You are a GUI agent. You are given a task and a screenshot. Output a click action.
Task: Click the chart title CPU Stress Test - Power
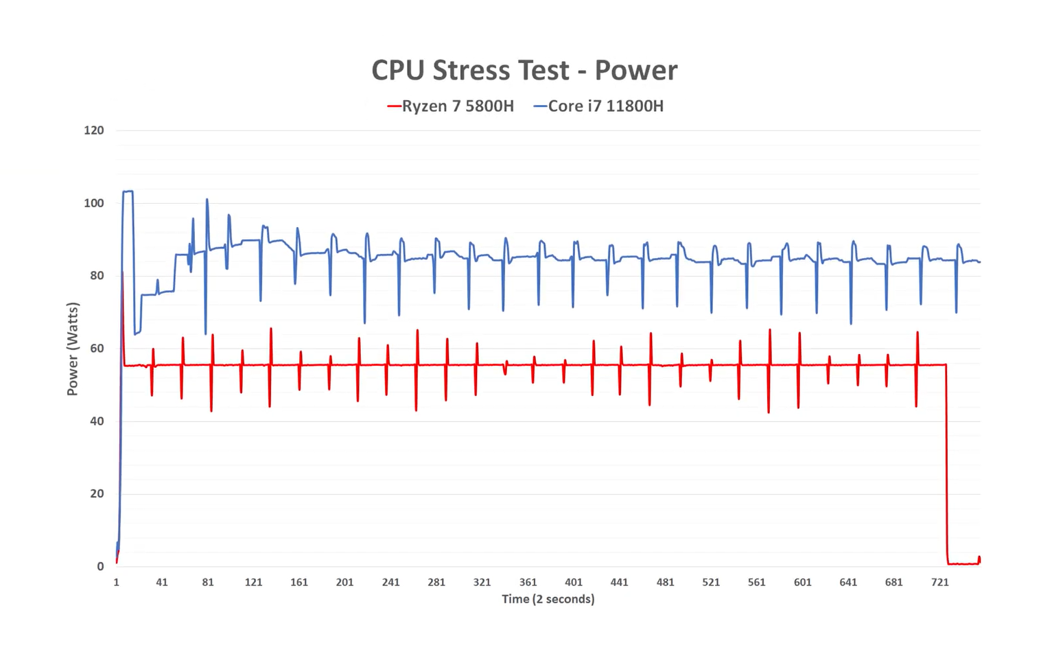click(524, 70)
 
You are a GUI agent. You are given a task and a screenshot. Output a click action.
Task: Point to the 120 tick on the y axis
click(94, 130)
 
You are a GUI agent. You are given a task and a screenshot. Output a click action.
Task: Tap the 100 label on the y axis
click(94, 203)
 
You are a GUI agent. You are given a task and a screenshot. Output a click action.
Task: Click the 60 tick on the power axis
click(97, 349)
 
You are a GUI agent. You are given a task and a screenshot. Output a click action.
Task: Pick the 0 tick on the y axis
click(100, 567)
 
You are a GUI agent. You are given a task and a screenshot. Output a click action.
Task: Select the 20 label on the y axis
click(97, 494)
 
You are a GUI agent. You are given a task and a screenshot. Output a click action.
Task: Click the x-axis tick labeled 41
click(162, 583)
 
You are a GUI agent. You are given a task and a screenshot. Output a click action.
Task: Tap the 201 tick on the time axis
click(344, 583)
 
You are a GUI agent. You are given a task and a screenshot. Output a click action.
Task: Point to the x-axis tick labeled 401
click(574, 583)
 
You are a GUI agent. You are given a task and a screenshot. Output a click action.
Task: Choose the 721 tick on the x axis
click(940, 583)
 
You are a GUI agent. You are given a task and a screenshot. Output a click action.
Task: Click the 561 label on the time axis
click(756, 583)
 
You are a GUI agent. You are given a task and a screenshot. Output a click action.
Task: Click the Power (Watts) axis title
click(73, 349)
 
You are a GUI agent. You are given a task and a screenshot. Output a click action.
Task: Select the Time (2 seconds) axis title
click(548, 599)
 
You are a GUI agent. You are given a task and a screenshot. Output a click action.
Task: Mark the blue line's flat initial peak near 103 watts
click(128, 191)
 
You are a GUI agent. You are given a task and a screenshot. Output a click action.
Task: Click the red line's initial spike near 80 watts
click(123, 274)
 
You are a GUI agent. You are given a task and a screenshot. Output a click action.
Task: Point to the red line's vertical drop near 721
click(946, 467)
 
